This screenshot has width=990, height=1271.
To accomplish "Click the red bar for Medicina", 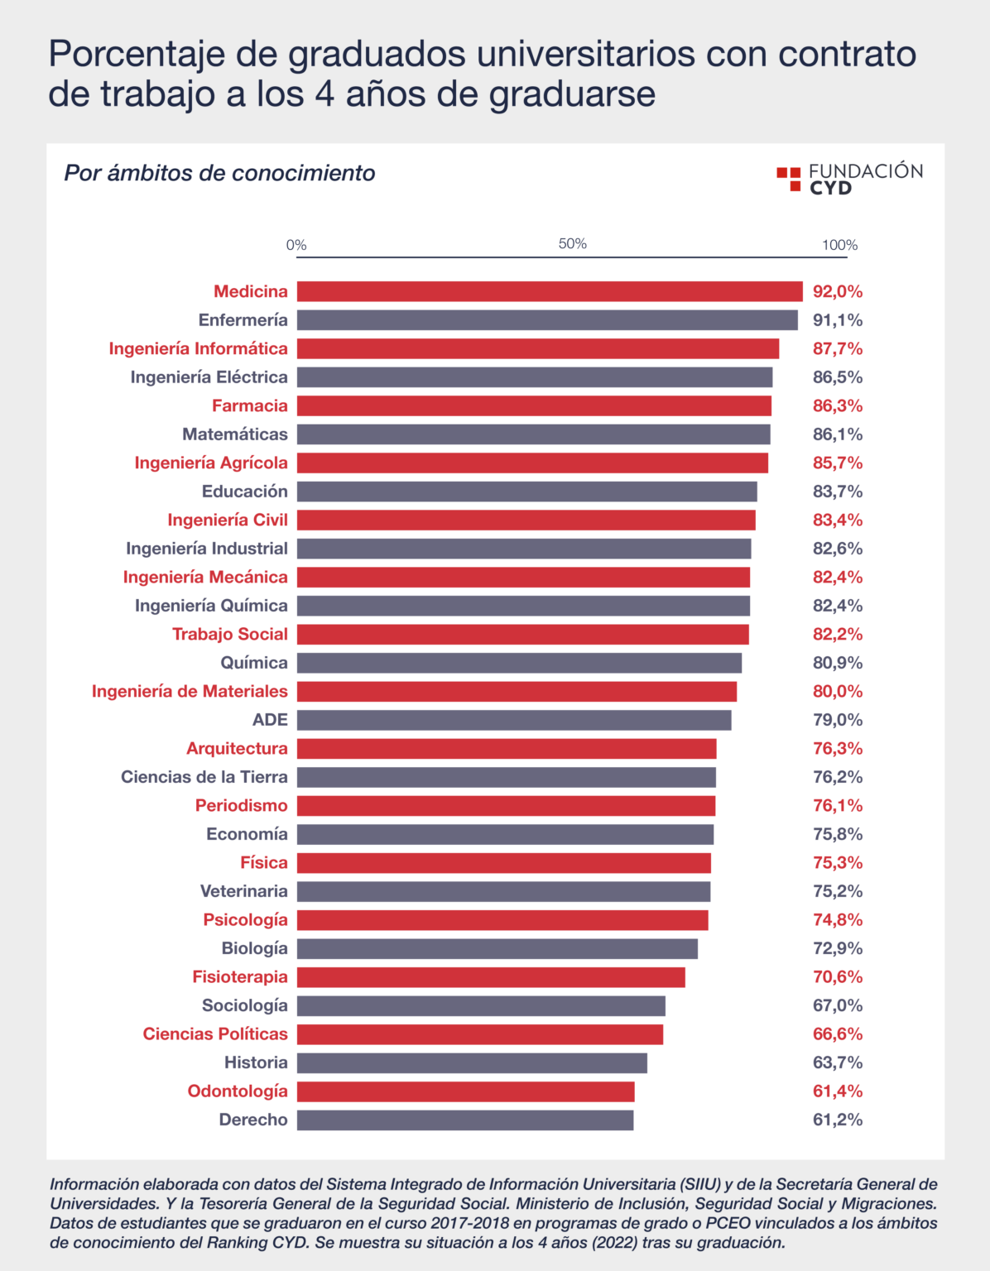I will (x=550, y=291).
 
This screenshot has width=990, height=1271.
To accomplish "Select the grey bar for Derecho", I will (x=465, y=1120).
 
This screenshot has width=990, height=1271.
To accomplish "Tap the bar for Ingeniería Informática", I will (x=538, y=348).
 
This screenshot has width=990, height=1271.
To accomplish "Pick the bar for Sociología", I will (x=481, y=1005).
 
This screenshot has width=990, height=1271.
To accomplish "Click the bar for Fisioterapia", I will (x=491, y=977).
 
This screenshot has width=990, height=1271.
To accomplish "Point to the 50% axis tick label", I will (x=572, y=244).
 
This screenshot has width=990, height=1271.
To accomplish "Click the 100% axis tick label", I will (x=839, y=245).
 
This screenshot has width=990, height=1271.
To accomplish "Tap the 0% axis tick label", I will (x=296, y=245).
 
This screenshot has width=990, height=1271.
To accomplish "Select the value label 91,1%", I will (x=837, y=320).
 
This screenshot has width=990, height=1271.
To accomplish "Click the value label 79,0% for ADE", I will (x=837, y=720).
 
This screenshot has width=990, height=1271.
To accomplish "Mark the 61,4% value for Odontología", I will (x=837, y=1091).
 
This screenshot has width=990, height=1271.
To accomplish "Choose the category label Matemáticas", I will (x=235, y=434).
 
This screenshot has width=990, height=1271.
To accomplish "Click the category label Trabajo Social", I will (x=229, y=634).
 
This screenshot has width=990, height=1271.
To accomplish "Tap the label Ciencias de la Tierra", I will (x=204, y=777).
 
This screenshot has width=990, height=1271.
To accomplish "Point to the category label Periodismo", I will (x=241, y=805).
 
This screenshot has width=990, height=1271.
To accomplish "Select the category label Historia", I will (x=256, y=1062).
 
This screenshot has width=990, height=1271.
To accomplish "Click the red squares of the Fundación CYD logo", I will (x=789, y=178).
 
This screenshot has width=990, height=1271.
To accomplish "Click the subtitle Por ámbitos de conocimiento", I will (x=219, y=173).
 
